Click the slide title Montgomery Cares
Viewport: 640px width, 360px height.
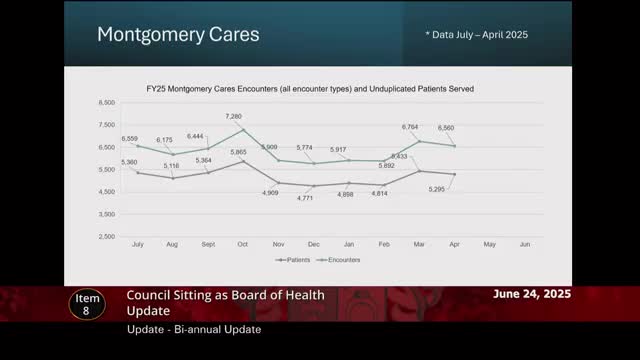(x=178, y=35)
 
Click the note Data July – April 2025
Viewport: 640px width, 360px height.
(x=476, y=35)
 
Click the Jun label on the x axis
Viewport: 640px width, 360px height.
(x=525, y=243)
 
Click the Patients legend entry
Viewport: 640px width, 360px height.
(x=295, y=260)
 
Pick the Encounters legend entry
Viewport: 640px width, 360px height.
(x=342, y=260)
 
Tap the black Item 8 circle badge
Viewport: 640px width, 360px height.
(x=86, y=305)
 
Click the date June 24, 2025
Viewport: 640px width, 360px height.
(x=533, y=295)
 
